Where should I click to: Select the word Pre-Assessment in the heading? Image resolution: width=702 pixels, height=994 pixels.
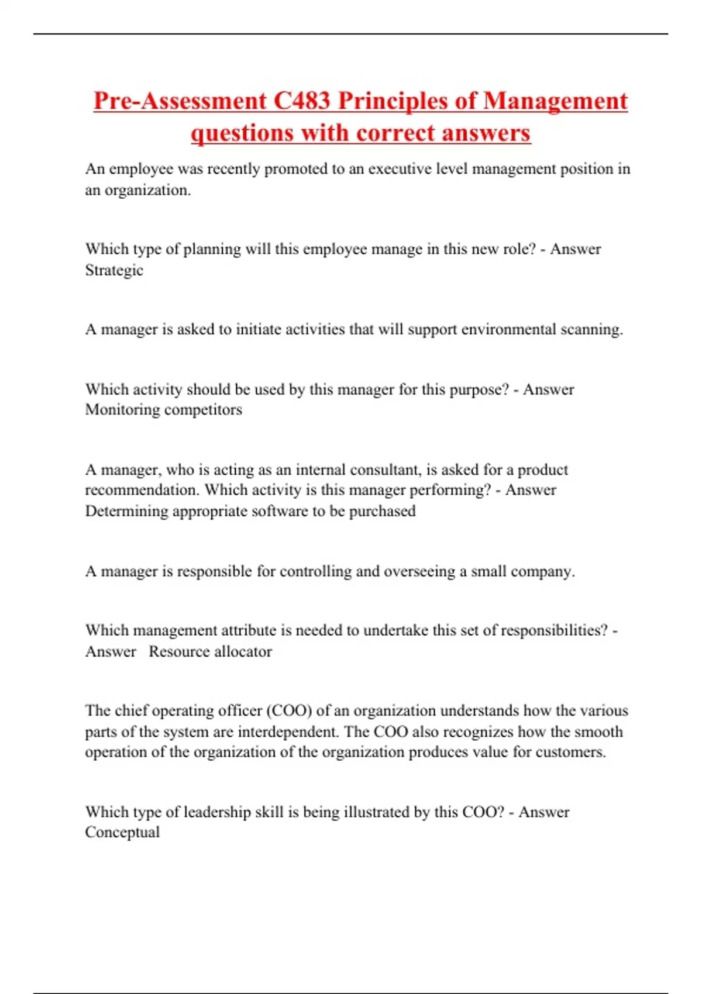click(x=180, y=101)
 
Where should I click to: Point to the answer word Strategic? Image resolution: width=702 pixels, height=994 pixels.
click(x=114, y=271)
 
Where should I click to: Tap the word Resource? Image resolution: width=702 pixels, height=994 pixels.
click(x=177, y=652)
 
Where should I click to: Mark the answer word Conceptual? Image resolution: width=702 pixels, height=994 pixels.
click(x=122, y=833)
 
